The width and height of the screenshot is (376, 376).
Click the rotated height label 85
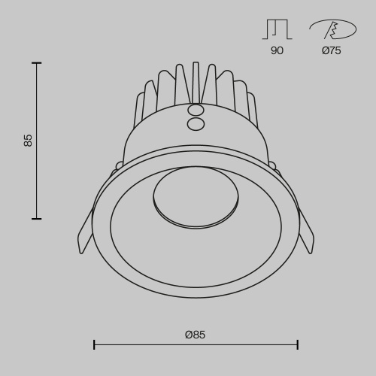pos(29,140)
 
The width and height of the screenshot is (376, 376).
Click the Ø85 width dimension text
pos(195,335)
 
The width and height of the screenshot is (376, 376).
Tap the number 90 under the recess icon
pos(277,50)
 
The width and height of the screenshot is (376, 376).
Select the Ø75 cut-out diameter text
pos(331,50)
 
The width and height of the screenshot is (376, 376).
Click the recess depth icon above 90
pos(277,29)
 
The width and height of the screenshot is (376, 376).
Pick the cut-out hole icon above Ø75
pos(332,29)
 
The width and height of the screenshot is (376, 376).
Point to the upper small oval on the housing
pos(196,110)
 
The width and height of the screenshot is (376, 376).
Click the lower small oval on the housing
pos(196,124)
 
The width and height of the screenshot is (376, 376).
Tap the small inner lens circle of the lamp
pos(196,196)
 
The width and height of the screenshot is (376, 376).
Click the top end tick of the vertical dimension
pos(36,63)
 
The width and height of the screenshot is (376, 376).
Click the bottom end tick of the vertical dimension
pos(36,219)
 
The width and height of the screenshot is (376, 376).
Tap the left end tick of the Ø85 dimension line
pos(94,344)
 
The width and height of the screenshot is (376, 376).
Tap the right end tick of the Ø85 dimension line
pos(298,344)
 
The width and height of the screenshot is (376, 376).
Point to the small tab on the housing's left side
pos(119,165)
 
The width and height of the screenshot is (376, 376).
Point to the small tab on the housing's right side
pos(272,165)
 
